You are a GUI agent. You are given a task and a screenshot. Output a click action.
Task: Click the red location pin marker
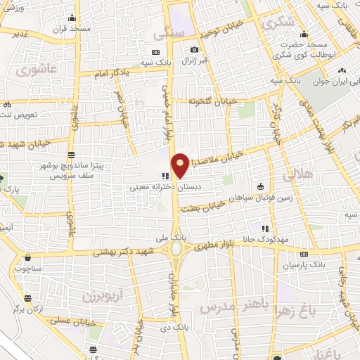[x=181, y=165]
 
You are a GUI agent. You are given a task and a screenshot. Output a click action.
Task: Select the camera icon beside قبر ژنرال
[x=194, y=50]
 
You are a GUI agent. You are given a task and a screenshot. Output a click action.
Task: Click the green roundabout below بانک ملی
[x=175, y=248]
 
